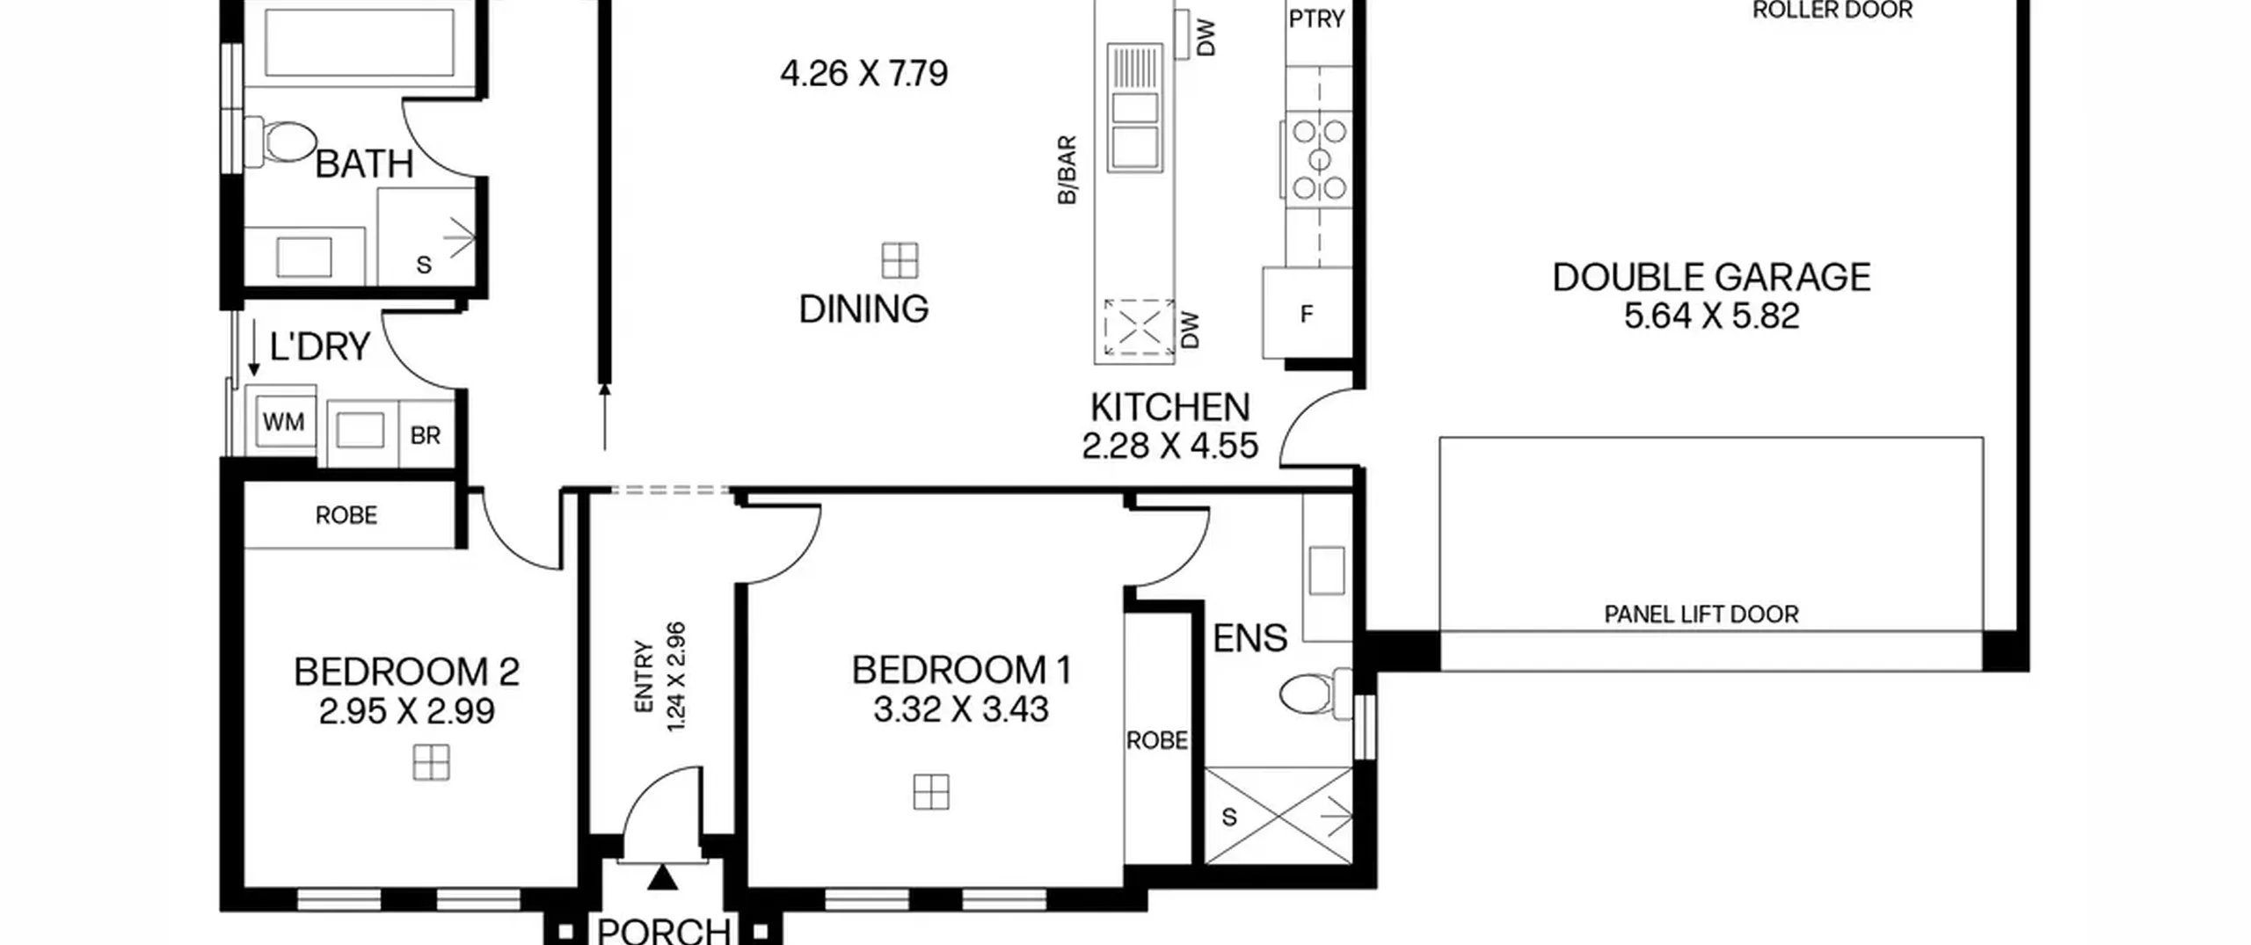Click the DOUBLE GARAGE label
point(1711,277)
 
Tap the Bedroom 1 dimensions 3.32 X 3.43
point(961,709)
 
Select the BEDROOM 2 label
point(406,672)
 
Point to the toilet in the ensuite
point(1315,694)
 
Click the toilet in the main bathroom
point(280,142)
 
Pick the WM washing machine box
point(284,422)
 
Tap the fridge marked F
point(1307,313)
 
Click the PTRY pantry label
point(1316,18)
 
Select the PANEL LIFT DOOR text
point(1701,614)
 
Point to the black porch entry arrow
point(663,876)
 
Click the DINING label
point(863,309)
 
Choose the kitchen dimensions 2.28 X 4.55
point(1169,446)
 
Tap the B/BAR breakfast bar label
point(1067,170)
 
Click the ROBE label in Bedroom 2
point(346,515)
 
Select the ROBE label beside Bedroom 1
point(1157,740)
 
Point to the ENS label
point(1249,638)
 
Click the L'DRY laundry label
point(319,347)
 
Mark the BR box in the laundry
point(426,435)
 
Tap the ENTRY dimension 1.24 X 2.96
point(676,677)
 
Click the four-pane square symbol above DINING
point(900,260)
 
